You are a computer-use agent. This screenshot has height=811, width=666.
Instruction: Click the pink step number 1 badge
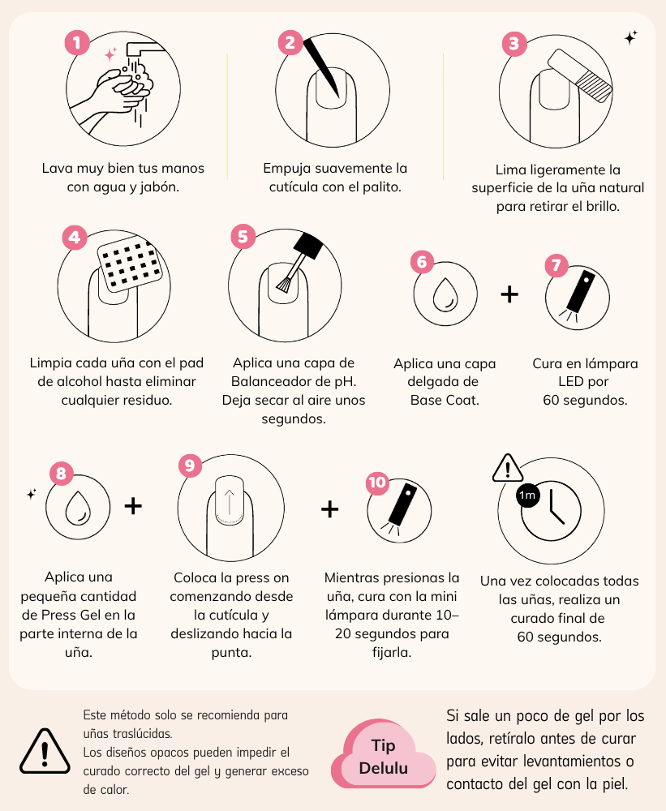tap(77, 42)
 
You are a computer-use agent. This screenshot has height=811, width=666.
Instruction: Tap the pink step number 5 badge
tap(243, 237)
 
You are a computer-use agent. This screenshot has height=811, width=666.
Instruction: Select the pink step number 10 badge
tap(377, 483)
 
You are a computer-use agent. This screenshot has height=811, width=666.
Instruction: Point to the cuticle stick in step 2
tap(321, 67)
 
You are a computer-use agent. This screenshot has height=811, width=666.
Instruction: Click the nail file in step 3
tap(580, 75)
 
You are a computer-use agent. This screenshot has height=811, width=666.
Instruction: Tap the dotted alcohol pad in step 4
tap(130, 264)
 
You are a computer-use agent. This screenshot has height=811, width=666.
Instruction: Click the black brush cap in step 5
tap(307, 245)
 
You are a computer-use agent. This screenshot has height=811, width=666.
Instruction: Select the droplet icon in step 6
tap(445, 294)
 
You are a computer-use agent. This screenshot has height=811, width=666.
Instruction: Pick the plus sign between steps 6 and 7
tap(509, 294)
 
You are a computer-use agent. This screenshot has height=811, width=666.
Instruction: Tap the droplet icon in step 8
tap(78, 508)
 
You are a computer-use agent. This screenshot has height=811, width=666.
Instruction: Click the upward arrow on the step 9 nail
tap(230, 502)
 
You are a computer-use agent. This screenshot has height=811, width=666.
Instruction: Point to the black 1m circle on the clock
tap(528, 496)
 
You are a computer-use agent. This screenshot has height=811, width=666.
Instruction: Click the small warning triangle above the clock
tap(508, 469)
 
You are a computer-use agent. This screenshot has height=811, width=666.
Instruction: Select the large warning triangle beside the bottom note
tap(45, 753)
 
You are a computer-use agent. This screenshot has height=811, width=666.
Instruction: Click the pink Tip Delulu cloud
tap(384, 753)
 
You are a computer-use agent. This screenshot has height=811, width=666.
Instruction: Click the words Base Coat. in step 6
tap(445, 400)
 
